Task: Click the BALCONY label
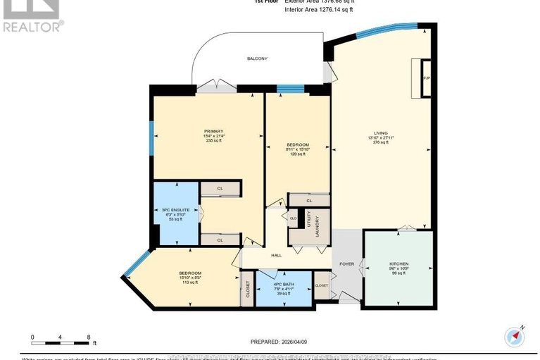pos(256,58)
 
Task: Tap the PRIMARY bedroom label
pos(213,131)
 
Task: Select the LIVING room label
pos(380,132)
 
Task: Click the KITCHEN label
pos(398,264)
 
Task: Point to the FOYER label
pos(346,265)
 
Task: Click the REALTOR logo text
pos(32,27)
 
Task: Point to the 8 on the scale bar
pos(88,337)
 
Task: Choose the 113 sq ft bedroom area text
pos(190,283)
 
